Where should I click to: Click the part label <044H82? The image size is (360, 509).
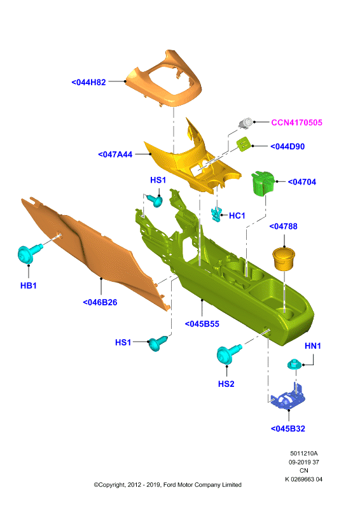(88, 83)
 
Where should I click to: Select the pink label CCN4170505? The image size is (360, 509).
(296, 123)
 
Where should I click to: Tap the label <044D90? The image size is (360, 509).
(287, 147)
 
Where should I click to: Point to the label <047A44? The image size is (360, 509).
(115, 155)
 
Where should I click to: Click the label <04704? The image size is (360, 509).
(302, 182)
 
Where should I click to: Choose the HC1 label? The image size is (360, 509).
(237, 216)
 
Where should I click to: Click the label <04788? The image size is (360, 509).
(284, 227)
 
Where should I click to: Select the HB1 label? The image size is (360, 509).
(28, 286)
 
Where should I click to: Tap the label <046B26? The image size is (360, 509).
(100, 303)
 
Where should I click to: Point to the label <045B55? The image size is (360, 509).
(202, 324)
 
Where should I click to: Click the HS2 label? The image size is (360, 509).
(226, 384)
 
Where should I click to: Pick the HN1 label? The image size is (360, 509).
(312, 346)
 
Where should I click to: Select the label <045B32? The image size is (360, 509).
(288, 429)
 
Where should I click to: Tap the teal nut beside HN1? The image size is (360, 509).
(294, 364)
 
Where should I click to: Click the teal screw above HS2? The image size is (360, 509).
(228, 354)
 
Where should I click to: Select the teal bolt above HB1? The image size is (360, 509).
(29, 253)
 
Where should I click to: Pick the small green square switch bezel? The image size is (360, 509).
(244, 144)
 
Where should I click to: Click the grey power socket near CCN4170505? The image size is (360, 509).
(246, 123)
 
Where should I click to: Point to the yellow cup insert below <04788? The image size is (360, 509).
(284, 258)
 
